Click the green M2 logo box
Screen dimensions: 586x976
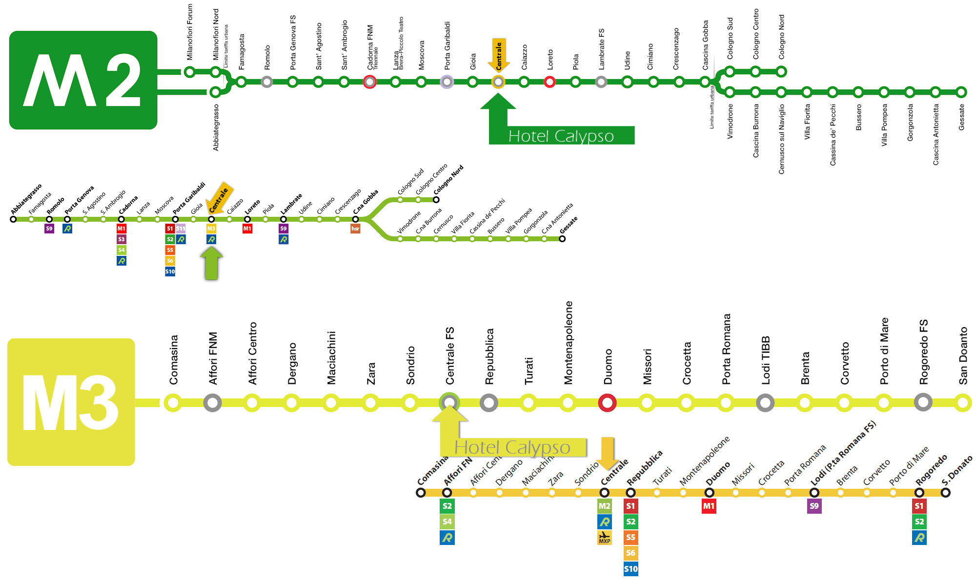pyautogui.click(x=83, y=80)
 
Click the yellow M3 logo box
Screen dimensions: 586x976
pyautogui.click(x=71, y=401)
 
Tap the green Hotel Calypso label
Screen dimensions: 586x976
pyautogui.click(x=561, y=136)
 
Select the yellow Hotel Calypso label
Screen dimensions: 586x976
pyautogui.click(x=512, y=447)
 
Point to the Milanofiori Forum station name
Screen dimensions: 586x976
pyautogui.click(x=190, y=32)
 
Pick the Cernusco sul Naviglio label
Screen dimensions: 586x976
pyautogui.click(x=781, y=139)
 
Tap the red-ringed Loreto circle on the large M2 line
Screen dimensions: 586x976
pyautogui.click(x=549, y=82)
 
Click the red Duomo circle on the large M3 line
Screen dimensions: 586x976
pyautogui.click(x=607, y=403)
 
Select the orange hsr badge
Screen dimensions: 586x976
pyautogui.click(x=355, y=229)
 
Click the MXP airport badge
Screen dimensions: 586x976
pyautogui.click(x=604, y=538)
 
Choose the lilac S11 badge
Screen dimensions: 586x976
pyautogui.click(x=181, y=229)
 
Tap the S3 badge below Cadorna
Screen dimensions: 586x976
pyautogui.click(x=122, y=239)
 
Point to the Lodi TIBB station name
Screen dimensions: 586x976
pyautogui.click(x=766, y=360)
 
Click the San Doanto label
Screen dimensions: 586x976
pyautogui.click(x=963, y=356)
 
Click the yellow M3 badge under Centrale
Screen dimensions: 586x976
pyautogui.click(x=211, y=229)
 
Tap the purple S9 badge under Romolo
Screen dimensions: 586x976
pyautogui.click(x=49, y=229)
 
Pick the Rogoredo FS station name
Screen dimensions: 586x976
pyautogui.click(x=923, y=352)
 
